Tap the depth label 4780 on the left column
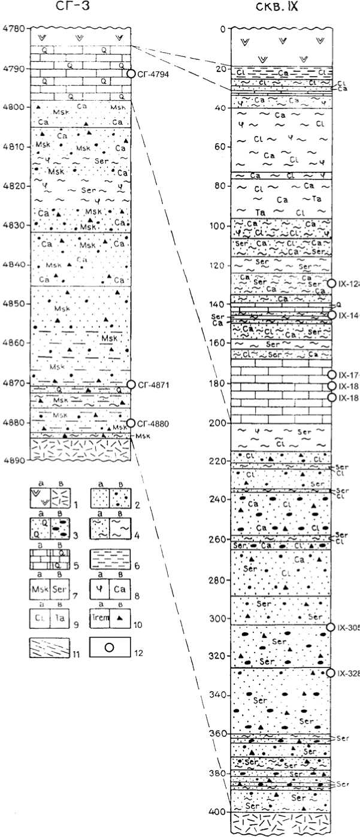pos(13,29)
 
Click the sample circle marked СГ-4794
pos(132,74)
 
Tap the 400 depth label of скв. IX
pos(217,812)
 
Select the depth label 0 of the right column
pos(222,29)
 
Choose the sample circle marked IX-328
pos(331,673)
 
